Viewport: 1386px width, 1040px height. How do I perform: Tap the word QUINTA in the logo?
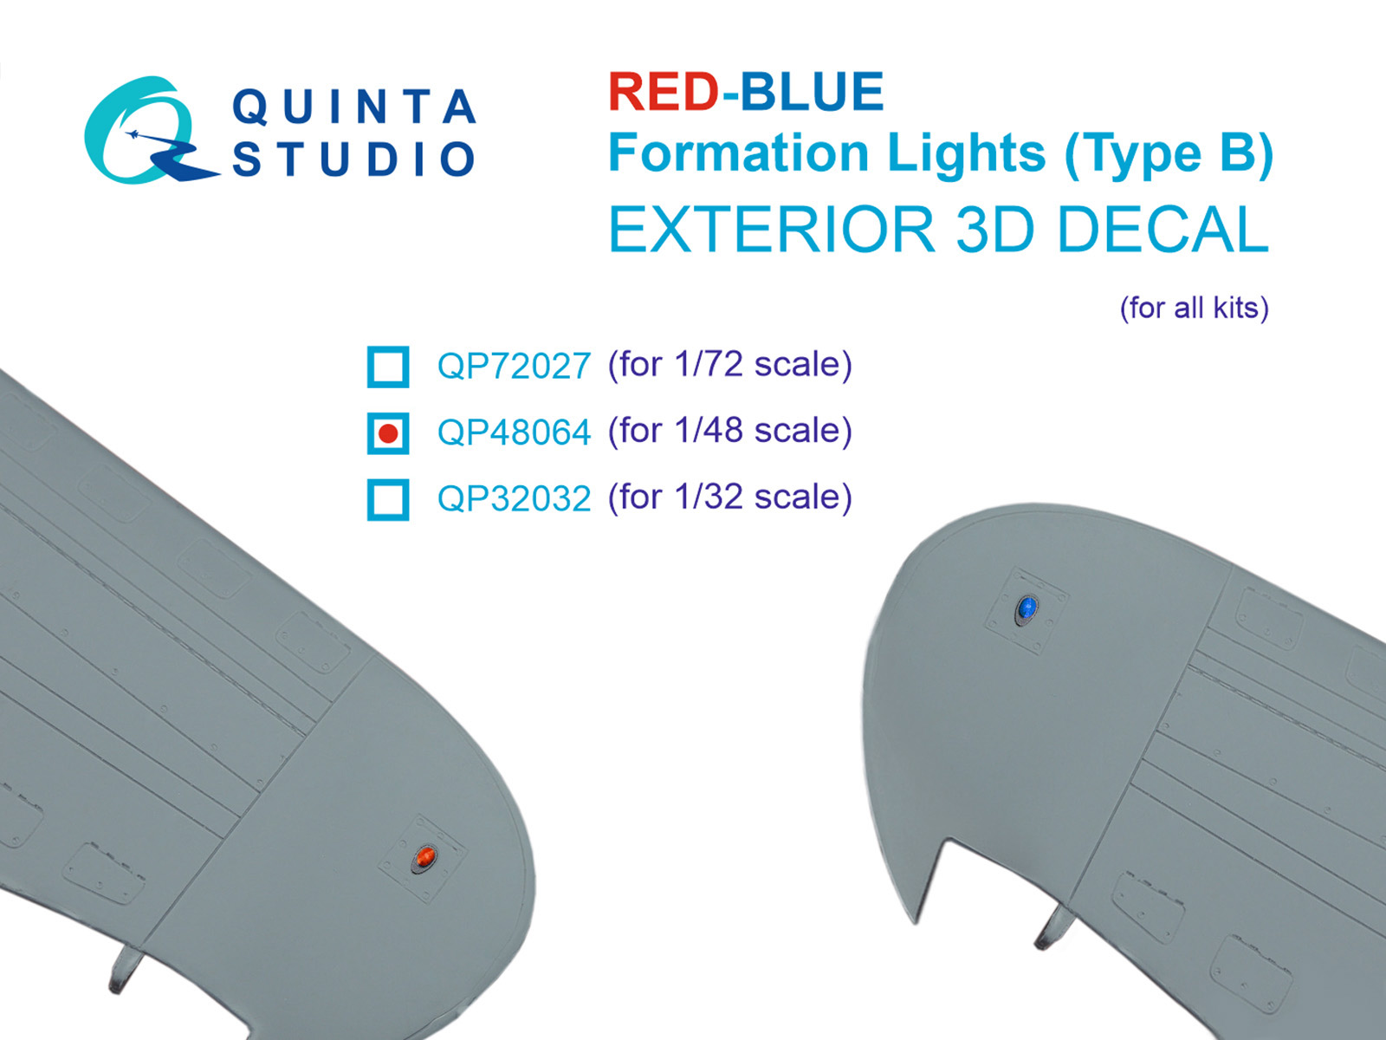(354, 107)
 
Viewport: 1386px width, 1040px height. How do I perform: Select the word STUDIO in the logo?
(354, 160)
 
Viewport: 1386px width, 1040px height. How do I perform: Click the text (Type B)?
(1169, 155)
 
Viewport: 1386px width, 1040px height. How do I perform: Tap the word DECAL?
(1162, 230)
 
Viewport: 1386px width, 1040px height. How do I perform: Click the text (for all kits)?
(1194, 308)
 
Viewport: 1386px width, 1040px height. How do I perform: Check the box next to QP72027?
(388, 367)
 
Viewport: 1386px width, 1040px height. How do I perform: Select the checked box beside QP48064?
(388, 432)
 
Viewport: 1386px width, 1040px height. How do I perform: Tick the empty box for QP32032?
(388, 499)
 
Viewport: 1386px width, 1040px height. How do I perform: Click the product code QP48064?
(514, 432)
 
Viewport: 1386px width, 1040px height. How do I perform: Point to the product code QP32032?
(514, 499)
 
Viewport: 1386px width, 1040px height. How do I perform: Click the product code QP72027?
(514, 367)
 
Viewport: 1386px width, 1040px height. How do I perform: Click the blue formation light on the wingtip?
(1027, 608)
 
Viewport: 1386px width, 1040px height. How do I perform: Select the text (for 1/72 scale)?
(730, 365)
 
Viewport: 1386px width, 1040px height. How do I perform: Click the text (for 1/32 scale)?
(730, 497)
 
